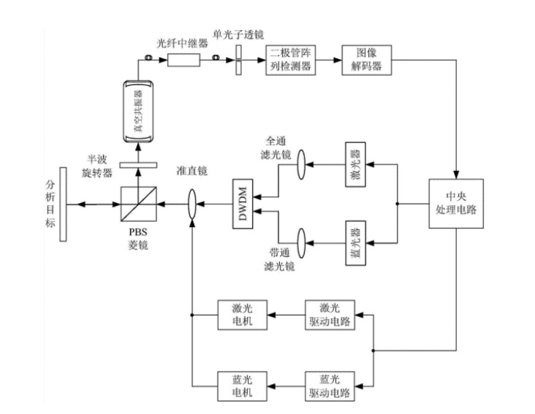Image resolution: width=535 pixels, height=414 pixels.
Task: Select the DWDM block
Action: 243,202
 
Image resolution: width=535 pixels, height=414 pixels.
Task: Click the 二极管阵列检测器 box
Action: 289,61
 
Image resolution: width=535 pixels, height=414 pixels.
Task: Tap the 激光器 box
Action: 356,167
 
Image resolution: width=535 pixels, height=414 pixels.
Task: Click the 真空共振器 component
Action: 137,111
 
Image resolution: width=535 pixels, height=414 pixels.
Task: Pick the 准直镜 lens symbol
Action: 191,203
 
